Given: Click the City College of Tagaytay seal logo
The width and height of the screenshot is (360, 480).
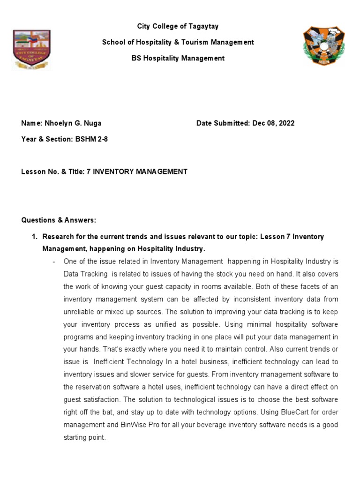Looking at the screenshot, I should coord(31,50).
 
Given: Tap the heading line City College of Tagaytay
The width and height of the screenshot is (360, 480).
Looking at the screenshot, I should coord(178,26).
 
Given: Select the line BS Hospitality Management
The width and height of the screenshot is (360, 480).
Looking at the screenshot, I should coord(178,58).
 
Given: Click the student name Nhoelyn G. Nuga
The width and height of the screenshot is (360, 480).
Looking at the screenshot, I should coord(73,123).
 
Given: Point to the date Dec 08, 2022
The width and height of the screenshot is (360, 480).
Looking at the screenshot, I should coord(273,123).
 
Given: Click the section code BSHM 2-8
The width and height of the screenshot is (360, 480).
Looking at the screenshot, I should coord(91,139).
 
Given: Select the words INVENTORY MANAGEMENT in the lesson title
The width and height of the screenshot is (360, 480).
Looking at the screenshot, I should coord(140,172).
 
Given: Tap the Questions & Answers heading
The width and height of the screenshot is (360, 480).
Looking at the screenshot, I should coord(59,220).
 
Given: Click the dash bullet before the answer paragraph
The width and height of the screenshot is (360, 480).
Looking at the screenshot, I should coord(55,261).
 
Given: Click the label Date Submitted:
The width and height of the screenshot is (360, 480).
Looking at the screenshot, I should coord(223,123).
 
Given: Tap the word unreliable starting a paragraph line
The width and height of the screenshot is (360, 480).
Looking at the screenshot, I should coord(80,312).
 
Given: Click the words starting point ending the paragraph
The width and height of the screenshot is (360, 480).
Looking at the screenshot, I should coord(84,438).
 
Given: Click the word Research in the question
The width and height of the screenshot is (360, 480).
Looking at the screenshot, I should coord(58,237).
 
